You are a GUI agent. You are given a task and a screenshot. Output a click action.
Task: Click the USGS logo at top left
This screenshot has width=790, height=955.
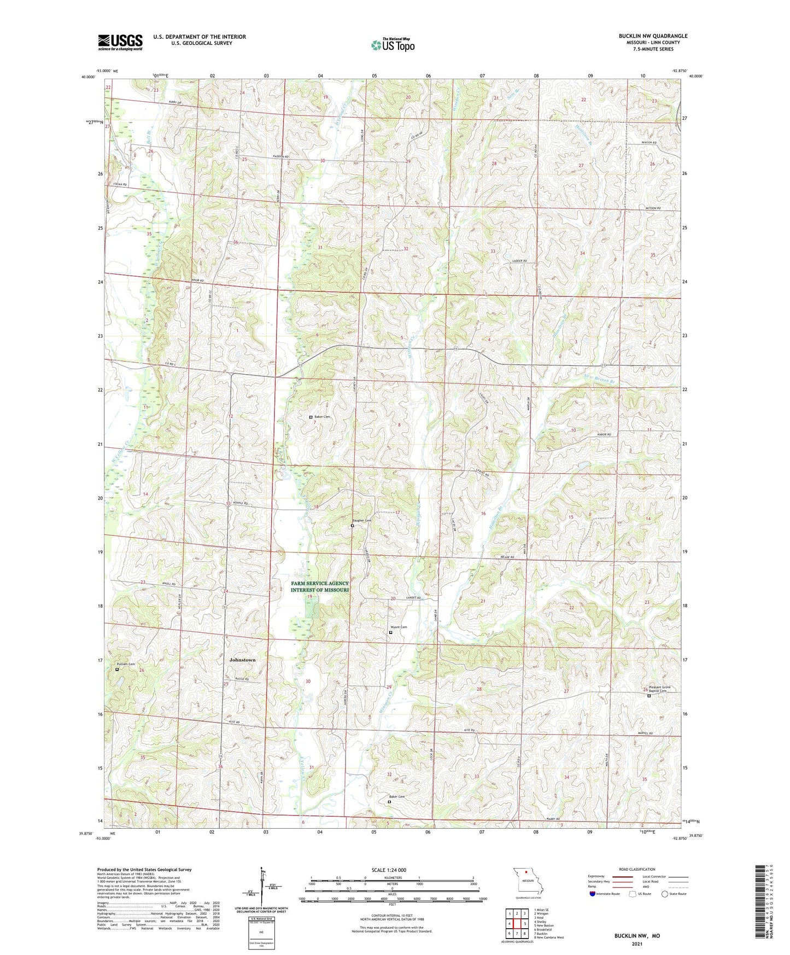120,42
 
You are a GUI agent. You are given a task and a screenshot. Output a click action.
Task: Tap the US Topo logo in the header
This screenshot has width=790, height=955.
392,45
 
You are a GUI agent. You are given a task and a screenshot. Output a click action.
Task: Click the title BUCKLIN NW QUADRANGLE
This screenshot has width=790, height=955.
653,36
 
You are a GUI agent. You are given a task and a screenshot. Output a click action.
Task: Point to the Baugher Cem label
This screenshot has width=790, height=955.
361,520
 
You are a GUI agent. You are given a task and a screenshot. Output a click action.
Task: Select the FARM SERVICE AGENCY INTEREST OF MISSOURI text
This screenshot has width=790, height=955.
320,587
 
